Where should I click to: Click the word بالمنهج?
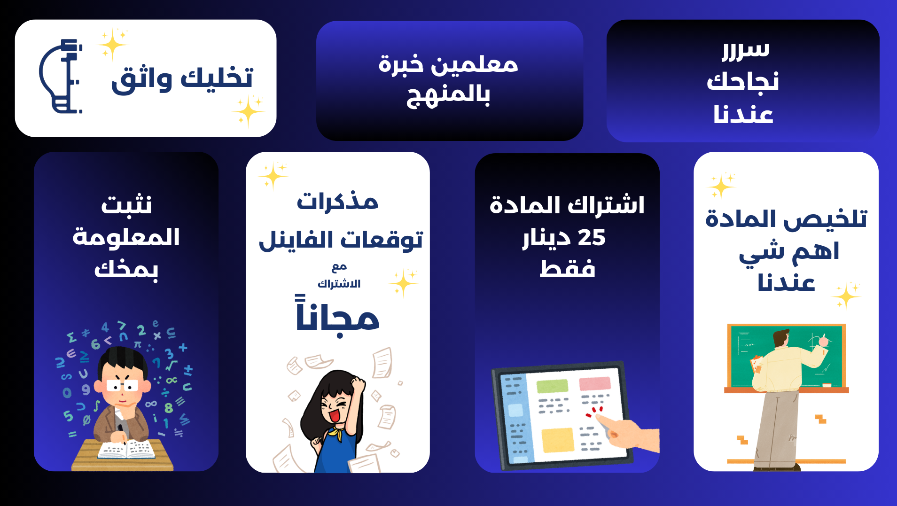point(449,95)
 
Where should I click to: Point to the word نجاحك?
point(743,81)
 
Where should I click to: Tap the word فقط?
point(567,269)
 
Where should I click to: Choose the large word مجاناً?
point(337,316)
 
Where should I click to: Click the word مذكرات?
point(337,202)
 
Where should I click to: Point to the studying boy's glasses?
point(123,386)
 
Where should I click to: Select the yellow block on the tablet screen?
point(558,440)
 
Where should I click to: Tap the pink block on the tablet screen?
point(594,383)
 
